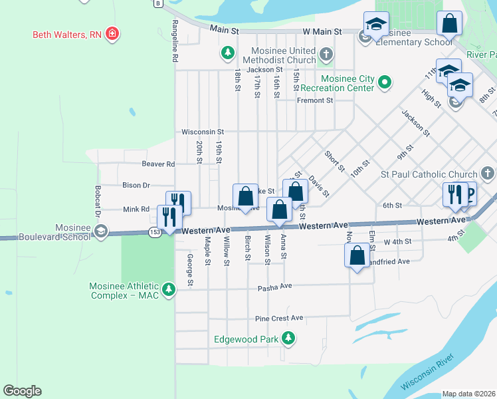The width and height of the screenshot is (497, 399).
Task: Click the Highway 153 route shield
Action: (155, 231)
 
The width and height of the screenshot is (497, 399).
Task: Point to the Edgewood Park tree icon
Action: (288, 339)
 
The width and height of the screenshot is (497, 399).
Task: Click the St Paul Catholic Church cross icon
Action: (487, 174)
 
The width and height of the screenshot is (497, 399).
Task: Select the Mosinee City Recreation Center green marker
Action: (383, 82)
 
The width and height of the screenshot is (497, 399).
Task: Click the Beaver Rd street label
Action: (158, 164)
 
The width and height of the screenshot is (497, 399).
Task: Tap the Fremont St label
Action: (314, 100)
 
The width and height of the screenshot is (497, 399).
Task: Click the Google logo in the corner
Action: (22, 391)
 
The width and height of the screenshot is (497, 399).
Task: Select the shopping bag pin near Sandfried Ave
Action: (357, 255)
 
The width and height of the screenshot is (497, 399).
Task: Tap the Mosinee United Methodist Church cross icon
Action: (325, 54)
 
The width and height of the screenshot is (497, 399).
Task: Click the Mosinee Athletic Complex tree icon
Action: (169, 289)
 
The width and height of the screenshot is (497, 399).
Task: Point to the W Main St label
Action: (322, 31)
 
